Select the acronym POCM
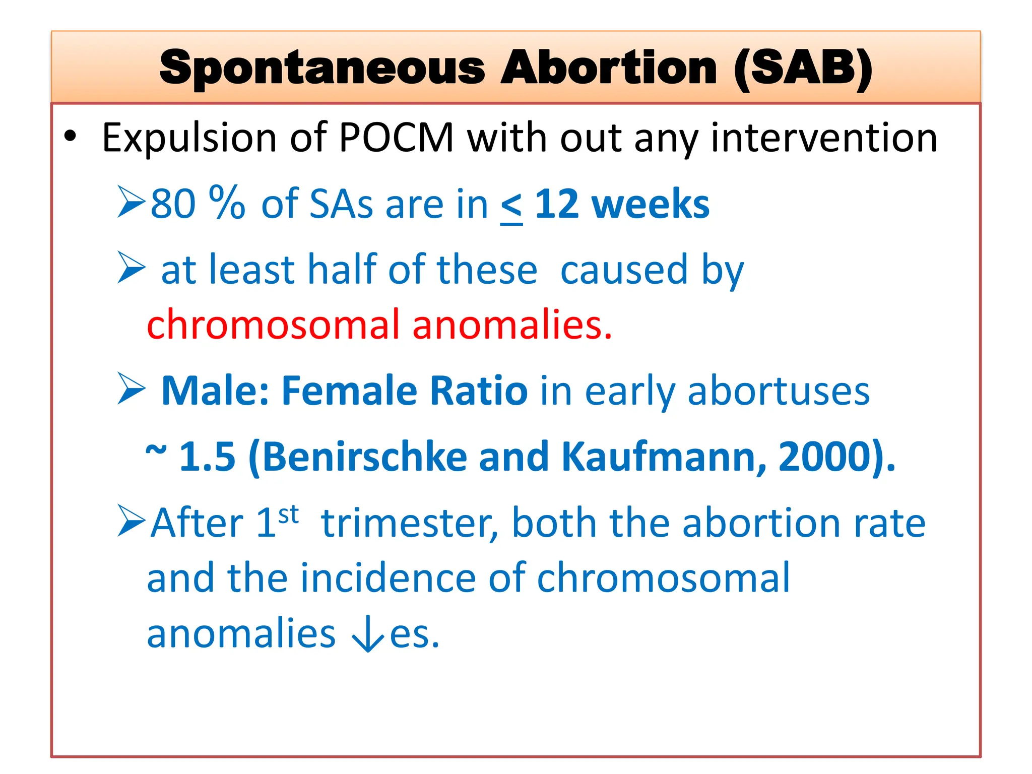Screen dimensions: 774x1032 [397, 138]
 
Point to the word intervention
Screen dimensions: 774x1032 [824, 138]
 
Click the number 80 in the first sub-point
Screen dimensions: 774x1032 [173, 204]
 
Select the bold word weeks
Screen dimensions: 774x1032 [651, 204]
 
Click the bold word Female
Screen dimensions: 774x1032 [349, 391]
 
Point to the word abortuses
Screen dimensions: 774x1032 [779, 391]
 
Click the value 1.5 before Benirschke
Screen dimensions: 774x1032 [208, 457]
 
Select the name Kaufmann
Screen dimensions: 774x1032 [664, 457]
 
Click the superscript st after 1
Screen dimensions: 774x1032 [288, 515]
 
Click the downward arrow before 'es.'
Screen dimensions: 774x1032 [368, 634]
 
